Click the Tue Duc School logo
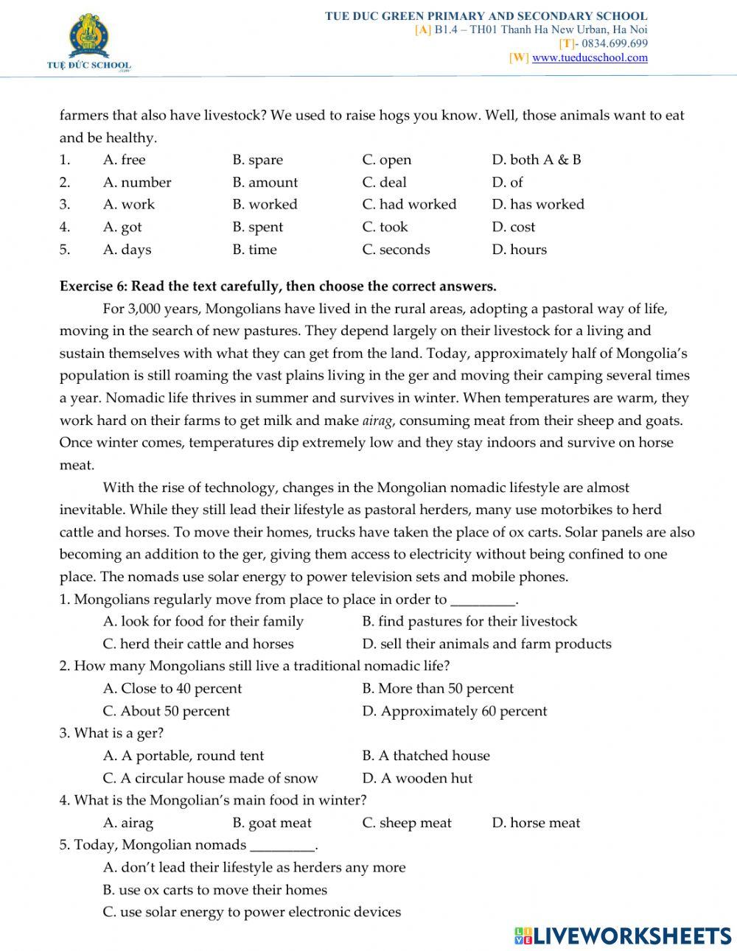(x=88, y=45)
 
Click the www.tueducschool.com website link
(x=590, y=57)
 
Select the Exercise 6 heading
(x=278, y=286)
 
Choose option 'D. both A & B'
(x=537, y=160)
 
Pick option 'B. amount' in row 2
(x=265, y=182)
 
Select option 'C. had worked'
(x=409, y=204)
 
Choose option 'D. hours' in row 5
(x=520, y=249)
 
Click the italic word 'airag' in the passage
(x=379, y=421)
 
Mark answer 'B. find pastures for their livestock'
(x=469, y=622)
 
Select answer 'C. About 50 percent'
(x=167, y=711)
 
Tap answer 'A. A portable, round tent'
(x=184, y=756)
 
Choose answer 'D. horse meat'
(x=536, y=823)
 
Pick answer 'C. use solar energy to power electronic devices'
(x=252, y=912)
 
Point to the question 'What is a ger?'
(x=112, y=733)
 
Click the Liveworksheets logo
(x=622, y=935)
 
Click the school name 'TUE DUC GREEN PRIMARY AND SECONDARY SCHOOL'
(x=486, y=15)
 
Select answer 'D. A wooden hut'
(x=417, y=778)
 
